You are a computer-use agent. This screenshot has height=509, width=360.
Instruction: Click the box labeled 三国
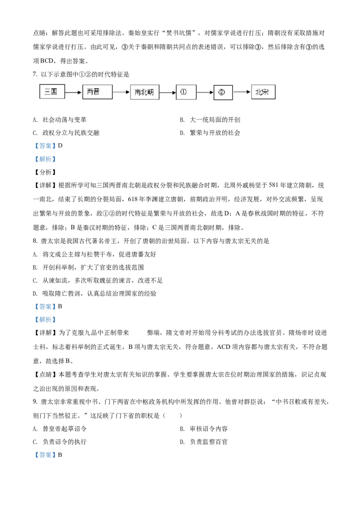[52, 92]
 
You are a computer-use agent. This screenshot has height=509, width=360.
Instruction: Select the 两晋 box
[97, 92]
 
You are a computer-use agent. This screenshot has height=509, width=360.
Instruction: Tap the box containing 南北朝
[144, 92]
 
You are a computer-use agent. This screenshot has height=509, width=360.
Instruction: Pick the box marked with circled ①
[186, 92]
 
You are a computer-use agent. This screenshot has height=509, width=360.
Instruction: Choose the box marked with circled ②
[223, 92]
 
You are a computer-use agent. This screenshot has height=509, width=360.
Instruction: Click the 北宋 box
[263, 92]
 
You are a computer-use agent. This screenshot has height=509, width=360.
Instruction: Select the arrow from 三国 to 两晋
[73, 92]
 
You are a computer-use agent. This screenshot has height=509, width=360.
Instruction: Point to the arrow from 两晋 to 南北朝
[121, 92]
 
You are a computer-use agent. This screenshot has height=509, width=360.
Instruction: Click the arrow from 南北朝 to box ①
[167, 92]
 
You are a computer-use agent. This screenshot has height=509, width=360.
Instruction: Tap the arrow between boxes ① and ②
[205, 92]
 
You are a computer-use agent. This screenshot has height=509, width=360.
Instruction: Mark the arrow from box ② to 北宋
[242, 92]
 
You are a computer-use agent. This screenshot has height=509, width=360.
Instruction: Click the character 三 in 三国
[48, 92]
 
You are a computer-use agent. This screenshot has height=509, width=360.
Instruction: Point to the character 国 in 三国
[54, 92]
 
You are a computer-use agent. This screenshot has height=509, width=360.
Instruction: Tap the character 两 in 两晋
[90, 92]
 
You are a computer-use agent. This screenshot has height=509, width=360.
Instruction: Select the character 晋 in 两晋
[96, 92]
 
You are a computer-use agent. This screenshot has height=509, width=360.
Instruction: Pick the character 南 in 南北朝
[138, 92]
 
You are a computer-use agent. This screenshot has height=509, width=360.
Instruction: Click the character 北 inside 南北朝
[144, 92]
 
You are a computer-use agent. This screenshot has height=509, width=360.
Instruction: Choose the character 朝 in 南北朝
[151, 92]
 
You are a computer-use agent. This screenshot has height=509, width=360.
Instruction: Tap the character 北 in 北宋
[259, 92]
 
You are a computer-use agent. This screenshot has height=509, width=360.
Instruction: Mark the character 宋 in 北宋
[265, 92]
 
